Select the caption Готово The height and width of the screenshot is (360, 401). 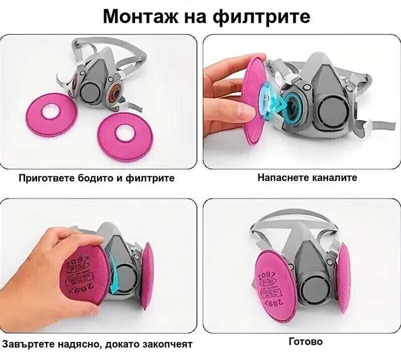[306, 341]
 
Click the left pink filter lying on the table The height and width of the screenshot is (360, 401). [51, 114]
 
